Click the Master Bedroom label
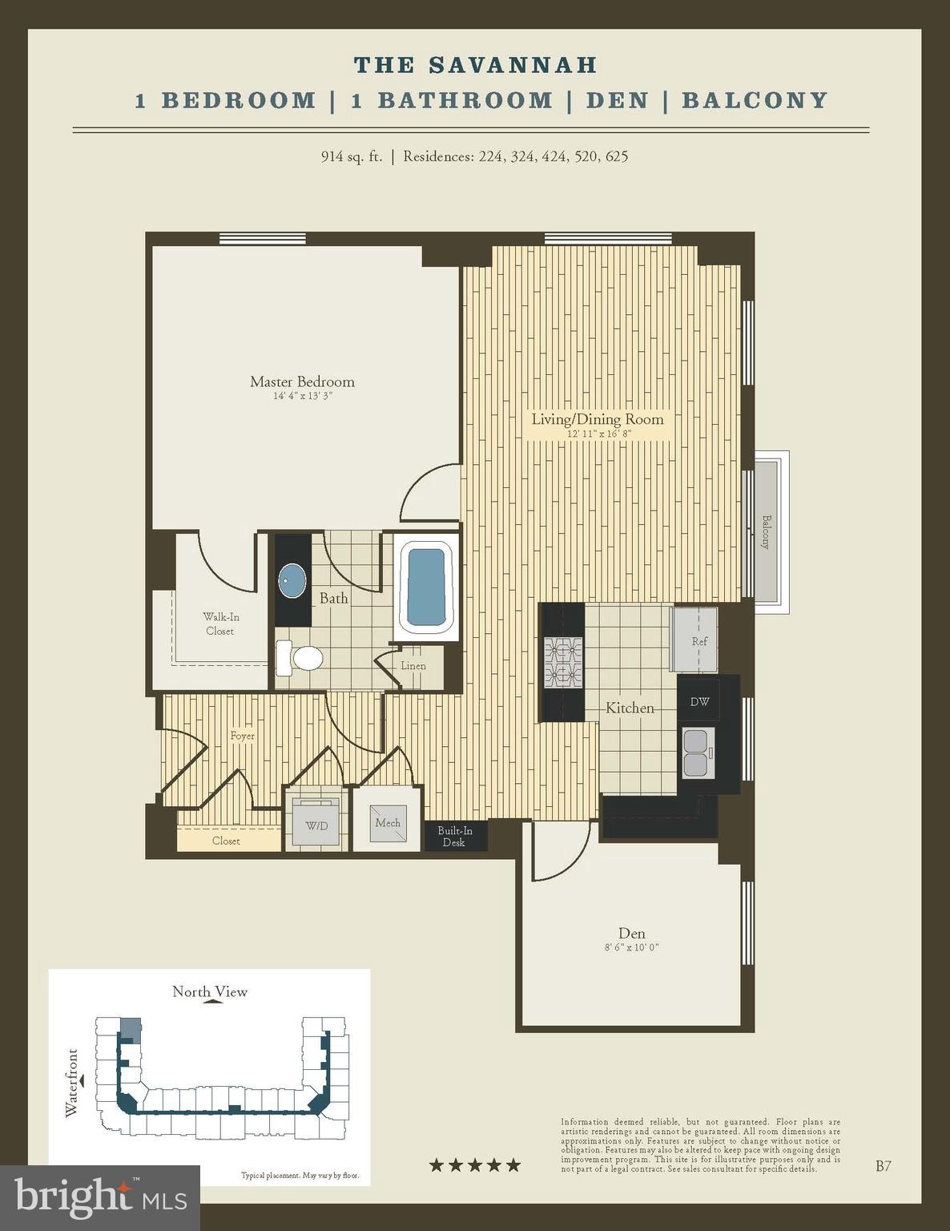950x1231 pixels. [302, 382]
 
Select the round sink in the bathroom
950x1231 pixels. [292, 581]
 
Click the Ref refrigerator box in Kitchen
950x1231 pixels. [696, 640]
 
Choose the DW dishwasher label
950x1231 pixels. [699, 701]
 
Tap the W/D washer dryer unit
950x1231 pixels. [316, 825]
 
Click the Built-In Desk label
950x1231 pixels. [454, 836]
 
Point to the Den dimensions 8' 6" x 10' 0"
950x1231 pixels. [631, 947]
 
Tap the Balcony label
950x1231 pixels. [765, 532]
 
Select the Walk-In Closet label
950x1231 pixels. [219, 624]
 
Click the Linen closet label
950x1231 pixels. [413, 666]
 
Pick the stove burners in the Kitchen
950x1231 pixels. [563, 663]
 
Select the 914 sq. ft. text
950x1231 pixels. [351, 156]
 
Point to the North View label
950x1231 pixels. [210, 991]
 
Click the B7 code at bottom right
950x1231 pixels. [883, 1166]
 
